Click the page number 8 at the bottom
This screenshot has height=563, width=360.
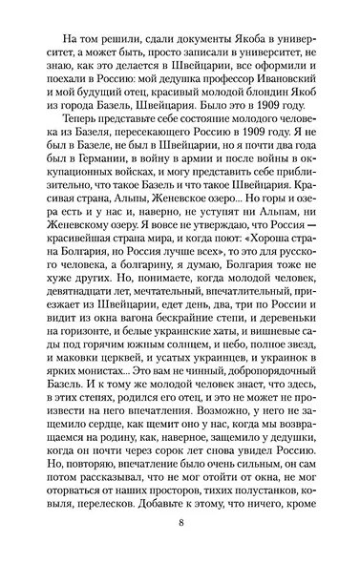click(x=180, y=523)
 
